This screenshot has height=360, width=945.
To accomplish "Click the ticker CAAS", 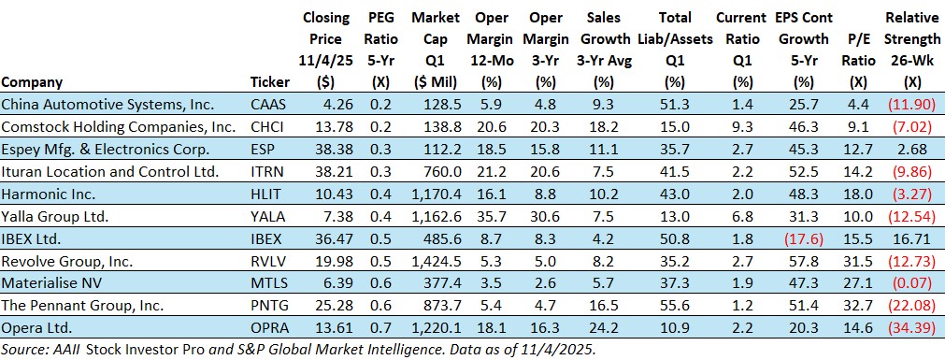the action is click(267, 105).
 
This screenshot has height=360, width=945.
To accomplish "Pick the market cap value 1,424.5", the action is click(436, 261).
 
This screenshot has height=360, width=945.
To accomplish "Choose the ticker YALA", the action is click(266, 217).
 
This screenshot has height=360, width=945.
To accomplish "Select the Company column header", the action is click(32, 82).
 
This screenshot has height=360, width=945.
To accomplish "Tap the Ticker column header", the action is click(270, 82).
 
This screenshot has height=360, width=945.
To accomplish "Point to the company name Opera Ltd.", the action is click(36, 328).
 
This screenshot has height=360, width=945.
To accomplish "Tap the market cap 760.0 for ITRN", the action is click(445, 172).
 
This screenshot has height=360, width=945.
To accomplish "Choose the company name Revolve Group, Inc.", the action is click(67, 261).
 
